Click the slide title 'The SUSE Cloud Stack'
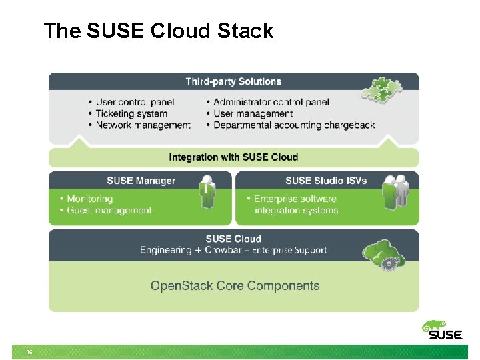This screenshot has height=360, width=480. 158,31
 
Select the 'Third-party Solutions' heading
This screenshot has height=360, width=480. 233,81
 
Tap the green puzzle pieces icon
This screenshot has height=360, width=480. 379,90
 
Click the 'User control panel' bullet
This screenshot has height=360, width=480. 134,102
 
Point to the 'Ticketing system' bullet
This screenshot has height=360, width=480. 131,113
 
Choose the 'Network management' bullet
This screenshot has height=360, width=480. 142,125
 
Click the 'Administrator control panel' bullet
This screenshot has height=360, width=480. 271,102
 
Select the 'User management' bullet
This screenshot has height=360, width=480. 253,113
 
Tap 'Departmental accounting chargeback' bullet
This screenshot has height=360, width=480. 293,125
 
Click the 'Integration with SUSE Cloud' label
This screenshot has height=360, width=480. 233,157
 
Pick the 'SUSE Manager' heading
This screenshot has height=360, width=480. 141,181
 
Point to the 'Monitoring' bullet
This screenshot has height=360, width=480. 89,199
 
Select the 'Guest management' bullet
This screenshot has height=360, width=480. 109,211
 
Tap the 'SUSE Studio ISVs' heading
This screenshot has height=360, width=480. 325,181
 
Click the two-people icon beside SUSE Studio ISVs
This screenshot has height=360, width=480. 395,193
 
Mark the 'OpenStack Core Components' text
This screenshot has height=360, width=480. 235,286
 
